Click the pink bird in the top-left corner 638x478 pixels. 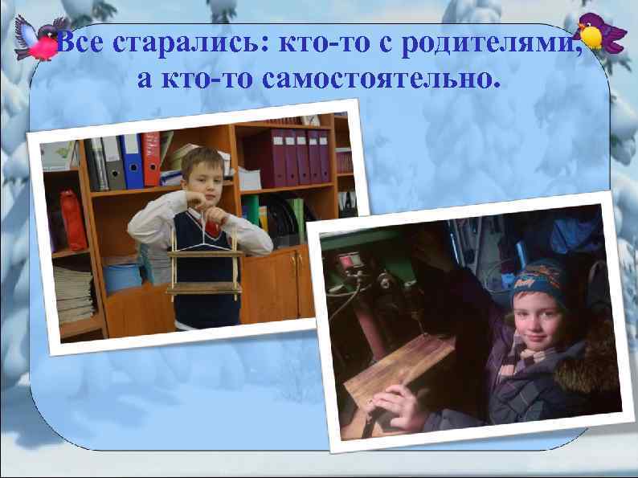37,39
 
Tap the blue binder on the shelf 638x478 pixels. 132,161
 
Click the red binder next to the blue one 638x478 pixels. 150,158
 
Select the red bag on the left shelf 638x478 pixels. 74,220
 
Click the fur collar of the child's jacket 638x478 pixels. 591,353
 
